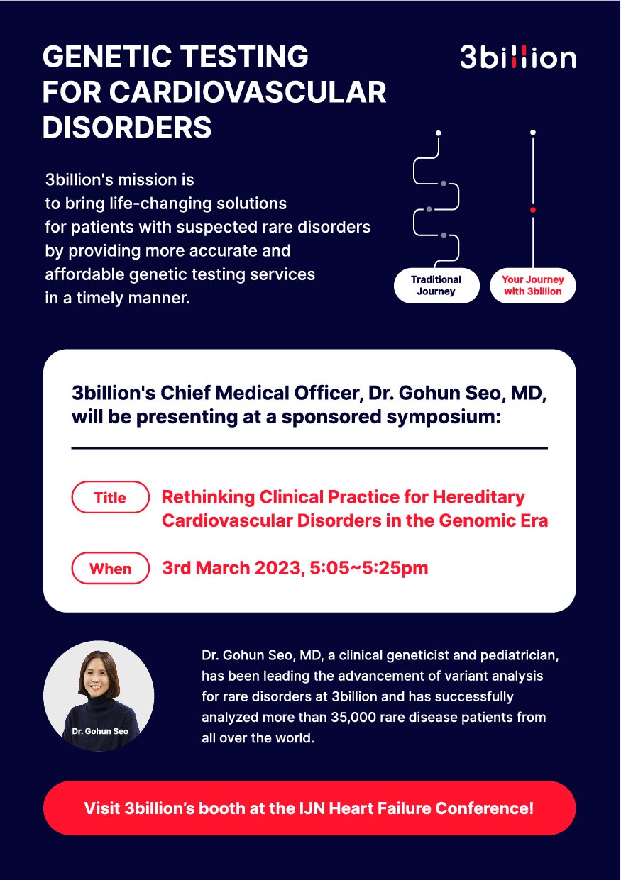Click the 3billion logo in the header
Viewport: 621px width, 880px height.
(x=518, y=57)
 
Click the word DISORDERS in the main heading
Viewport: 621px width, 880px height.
(x=127, y=128)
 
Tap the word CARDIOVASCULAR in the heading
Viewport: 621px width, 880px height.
(x=248, y=92)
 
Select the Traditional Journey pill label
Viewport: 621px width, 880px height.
(x=436, y=286)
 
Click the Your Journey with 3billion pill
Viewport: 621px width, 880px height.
(x=533, y=286)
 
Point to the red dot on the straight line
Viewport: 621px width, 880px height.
(x=533, y=210)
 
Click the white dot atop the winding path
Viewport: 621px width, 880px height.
(x=439, y=133)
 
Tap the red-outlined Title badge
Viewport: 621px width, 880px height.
(x=110, y=497)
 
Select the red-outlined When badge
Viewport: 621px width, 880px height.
(x=110, y=568)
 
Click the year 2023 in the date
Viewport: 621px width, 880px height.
(x=278, y=568)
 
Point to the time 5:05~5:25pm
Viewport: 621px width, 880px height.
(x=369, y=568)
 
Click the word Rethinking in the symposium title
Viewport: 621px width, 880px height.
(x=209, y=497)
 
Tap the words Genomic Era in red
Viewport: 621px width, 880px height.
(x=493, y=521)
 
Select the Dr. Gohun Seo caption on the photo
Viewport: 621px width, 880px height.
(x=100, y=731)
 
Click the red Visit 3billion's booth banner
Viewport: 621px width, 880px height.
(x=309, y=808)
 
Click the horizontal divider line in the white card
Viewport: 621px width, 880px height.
(x=309, y=448)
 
